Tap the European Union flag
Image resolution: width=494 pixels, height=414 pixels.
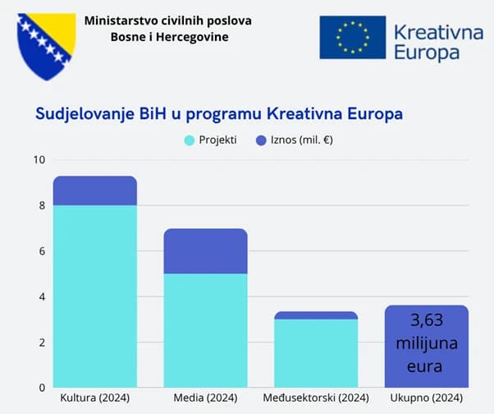tap(353, 37)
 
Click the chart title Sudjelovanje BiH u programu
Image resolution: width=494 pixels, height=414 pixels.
tap(219, 113)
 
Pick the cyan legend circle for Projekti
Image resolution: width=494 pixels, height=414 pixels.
tap(190, 140)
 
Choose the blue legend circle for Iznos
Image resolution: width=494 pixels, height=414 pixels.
tap(261, 140)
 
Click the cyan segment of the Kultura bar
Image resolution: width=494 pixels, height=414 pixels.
tap(95, 296)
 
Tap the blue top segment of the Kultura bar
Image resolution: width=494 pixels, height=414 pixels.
tap(95, 191)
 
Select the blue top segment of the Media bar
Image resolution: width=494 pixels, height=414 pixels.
tap(206, 251)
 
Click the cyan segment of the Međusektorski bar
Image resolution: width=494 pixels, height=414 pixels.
tap(316, 352)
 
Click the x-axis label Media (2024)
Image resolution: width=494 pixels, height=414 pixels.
tap(206, 399)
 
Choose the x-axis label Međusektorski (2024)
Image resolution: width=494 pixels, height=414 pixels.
tap(316, 399)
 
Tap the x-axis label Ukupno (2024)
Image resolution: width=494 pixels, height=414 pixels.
tap(427, 399)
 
